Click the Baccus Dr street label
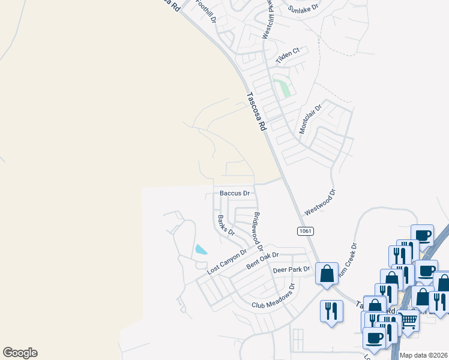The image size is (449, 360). click(x=235, y=193)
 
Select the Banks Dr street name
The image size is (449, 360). click(x=226, y=224)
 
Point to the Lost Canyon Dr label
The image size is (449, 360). click(x=227, y=262)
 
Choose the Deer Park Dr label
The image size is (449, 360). click(x=291, y=270)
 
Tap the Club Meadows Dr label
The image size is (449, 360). click(x=274, y=296)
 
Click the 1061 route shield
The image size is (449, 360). click(x=305, y=231)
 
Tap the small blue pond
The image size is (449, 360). click(x=201, y=249)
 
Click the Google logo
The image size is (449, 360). click(x=20, y=353)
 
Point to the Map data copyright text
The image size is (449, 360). click(x=424, y=355)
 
